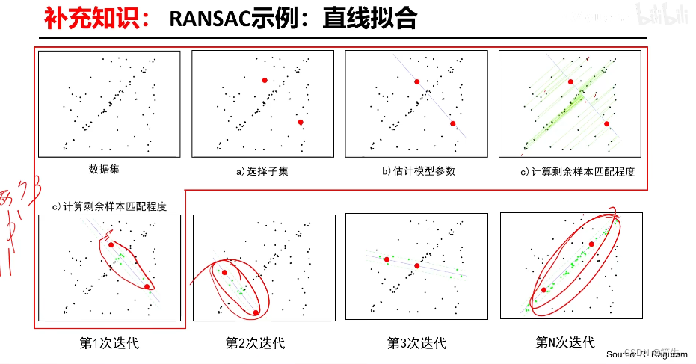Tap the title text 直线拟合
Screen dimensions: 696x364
(369, 18)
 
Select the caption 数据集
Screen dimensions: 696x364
(104, 170)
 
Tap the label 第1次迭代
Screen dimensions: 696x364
(109, 344)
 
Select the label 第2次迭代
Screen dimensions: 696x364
(255, 344)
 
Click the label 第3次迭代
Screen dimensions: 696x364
(416, 343)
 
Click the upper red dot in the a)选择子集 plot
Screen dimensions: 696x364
(264, 80)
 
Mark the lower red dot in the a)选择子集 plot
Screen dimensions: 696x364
(300, 123)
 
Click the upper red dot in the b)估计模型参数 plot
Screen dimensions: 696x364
(416, 81)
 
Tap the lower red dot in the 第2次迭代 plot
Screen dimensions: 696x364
(256, 312)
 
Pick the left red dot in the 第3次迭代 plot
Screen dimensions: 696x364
(387, 259)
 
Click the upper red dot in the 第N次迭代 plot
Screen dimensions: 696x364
(592, 244)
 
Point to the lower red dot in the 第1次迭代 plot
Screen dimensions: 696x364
(147, 286)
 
